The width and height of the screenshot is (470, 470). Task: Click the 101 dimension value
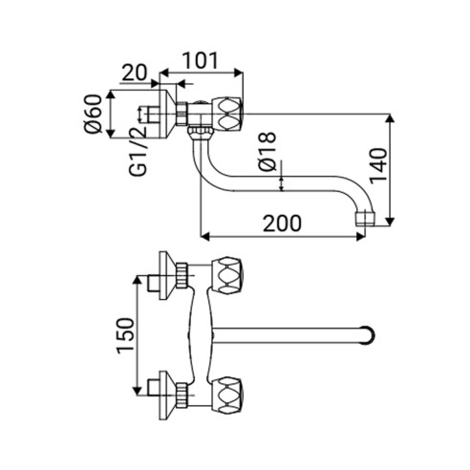pos(201,61)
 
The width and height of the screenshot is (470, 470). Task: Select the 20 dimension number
pos(135,73)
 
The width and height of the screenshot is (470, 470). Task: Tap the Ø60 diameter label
pos(93,114)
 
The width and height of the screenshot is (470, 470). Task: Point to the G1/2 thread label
pos(139,151)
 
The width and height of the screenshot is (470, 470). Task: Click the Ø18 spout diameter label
pos(267,152)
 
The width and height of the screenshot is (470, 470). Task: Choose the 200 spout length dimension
pos(282,224)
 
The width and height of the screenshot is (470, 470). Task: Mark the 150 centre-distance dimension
pos(125,335)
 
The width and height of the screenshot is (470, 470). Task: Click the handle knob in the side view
pos(228,114)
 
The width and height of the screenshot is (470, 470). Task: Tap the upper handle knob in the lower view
pos(227,275)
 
